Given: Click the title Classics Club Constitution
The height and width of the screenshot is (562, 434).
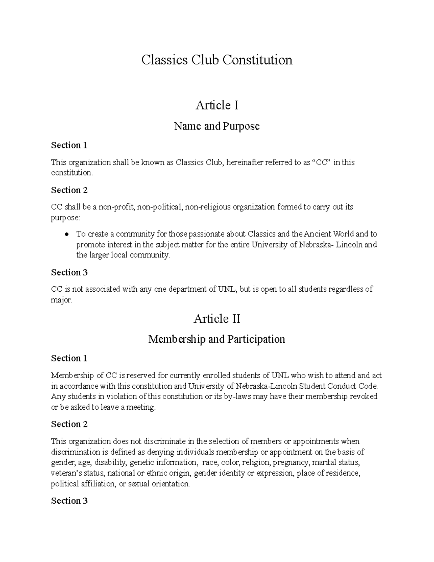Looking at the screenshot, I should (x=217, y=60).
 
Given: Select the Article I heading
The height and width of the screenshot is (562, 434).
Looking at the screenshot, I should (x=217, y=105).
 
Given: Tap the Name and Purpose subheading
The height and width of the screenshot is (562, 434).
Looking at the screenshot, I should (x=217, y=126).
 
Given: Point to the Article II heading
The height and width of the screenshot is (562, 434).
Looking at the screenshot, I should (x=217, y=319).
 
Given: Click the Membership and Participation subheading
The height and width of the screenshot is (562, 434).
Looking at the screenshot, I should (x=217, y=339).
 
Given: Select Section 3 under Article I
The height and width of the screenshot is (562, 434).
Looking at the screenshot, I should (x=69, y=272).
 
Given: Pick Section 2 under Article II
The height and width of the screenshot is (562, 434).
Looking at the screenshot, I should (x=69, y=424).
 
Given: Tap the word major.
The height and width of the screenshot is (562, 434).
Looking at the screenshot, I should (x=61, y=300).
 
